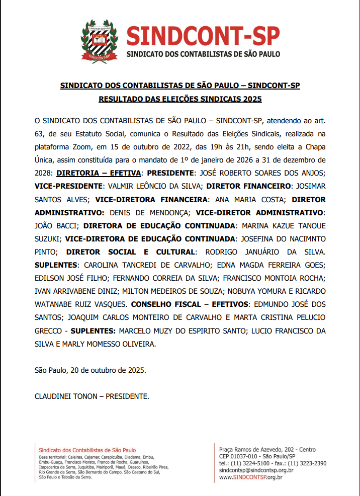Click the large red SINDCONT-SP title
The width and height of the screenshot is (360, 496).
[x=203, y=35]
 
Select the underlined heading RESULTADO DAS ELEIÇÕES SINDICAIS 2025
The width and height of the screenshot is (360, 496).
[x=180, y=99]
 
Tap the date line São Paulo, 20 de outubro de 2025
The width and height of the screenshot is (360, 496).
[x=91, y=370]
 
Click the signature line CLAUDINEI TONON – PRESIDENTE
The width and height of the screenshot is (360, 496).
[x=92, y=396]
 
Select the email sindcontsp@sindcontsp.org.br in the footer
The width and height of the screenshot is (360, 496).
[x=256, y=470]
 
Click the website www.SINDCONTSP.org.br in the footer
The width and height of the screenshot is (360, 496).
[x=251, y=477]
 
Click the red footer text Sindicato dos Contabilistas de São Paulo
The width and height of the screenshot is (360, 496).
[x=87, y=450]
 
